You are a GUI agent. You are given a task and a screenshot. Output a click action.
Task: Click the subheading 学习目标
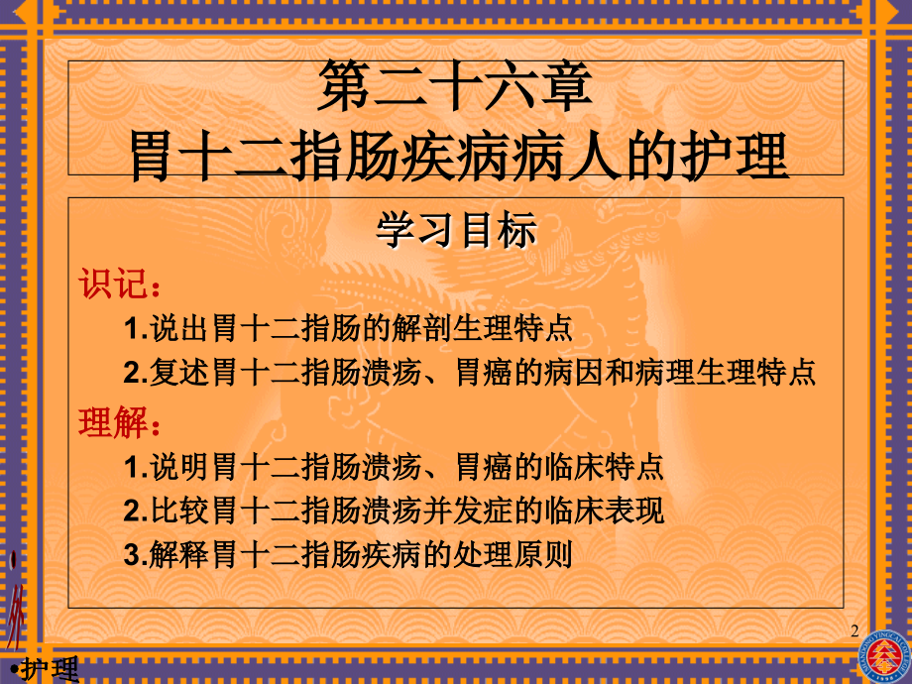[456, 231]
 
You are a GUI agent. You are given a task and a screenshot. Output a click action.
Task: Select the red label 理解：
[118, 422]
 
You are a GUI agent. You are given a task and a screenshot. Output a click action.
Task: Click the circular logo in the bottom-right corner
[884, 654]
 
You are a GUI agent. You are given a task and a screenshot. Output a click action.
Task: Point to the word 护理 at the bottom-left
[51, 669]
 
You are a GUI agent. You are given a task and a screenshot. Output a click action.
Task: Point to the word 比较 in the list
[176, 511]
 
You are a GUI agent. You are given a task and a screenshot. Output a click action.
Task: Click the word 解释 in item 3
[176, 555]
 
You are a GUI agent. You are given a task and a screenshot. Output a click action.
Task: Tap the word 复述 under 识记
[176, 374]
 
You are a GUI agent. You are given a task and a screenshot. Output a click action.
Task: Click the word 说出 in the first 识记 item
[176, 328]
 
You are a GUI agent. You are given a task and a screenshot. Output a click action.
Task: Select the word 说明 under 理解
[176, 466]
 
